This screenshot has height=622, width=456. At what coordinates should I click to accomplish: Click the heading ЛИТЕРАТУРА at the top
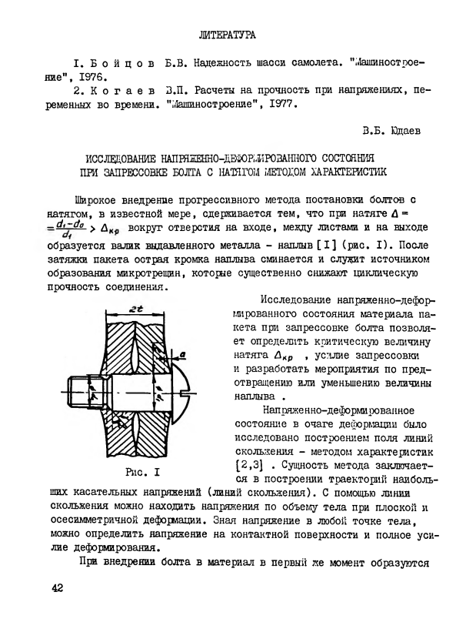click(227, 35)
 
